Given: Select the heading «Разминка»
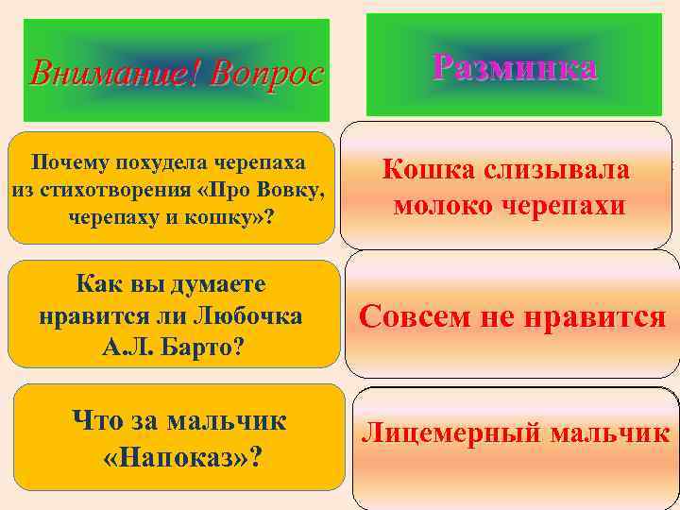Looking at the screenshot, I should pyautogui.click(x=514, y=67).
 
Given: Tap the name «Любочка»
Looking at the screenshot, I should pyautogui.click(x=249, y=315).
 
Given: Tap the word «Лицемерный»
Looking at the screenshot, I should pyautogui.click(x=452, y=433).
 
